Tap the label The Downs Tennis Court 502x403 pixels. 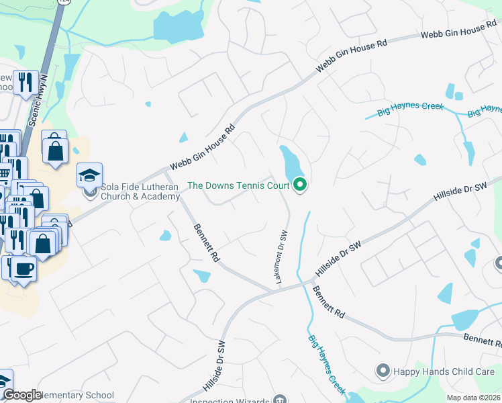(x=238, y=185)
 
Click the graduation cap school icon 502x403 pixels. (x=89, y=175)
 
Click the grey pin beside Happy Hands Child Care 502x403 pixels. (x=383, y=370)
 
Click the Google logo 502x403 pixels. (x=22, y=395)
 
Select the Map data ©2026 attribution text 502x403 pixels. (x=473, y=398)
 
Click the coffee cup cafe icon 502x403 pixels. (x=24, y=269)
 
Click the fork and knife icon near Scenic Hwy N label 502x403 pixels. (x=26, y=83)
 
